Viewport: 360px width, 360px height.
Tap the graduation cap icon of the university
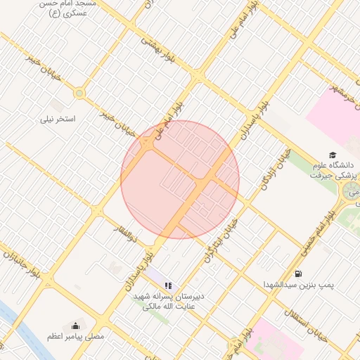point(332,155)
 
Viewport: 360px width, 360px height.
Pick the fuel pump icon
point(298,274)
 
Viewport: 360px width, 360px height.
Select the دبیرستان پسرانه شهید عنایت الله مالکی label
point(169,301)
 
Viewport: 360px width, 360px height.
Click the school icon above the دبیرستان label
point(168,285)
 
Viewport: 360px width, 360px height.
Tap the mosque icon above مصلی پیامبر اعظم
point(76,326)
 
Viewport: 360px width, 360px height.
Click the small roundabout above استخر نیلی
point(79,93)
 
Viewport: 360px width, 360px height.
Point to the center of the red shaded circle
point(180,179)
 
